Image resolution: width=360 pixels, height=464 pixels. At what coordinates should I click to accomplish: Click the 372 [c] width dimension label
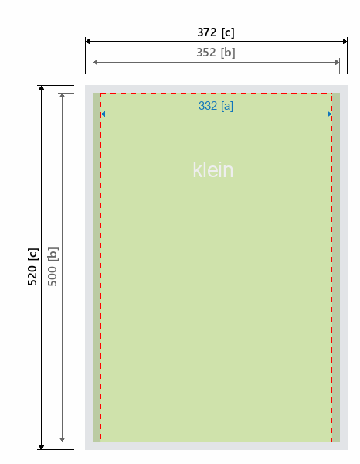(216, 32)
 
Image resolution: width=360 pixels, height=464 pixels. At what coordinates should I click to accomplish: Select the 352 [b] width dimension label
(216, 53)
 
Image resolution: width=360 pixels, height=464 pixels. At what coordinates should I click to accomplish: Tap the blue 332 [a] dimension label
(216, 106)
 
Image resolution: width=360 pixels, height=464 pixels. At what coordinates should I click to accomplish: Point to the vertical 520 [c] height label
(32, 267)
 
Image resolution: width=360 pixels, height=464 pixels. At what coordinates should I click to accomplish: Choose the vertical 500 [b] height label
(53, 267)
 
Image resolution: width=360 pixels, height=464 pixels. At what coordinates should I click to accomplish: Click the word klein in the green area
(213, 170)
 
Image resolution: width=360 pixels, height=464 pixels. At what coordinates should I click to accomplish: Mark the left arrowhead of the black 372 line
(87, 41)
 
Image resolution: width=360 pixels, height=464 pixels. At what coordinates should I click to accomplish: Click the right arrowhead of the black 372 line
(345, 41)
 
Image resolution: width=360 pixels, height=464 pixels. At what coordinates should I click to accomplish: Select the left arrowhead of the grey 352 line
(95, 62)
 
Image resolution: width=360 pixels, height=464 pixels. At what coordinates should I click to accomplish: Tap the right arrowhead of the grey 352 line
(338, 62)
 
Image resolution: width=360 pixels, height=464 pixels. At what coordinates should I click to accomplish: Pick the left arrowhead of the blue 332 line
(103, 114)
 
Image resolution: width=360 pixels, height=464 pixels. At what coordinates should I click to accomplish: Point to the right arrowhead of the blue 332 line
(330, 114)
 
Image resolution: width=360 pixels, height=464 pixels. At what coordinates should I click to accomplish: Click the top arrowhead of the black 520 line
(42, 87)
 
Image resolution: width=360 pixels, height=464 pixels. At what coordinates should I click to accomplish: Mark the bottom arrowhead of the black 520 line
(42, 447)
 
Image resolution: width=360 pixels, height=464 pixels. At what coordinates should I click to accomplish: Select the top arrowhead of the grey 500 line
(62, 95)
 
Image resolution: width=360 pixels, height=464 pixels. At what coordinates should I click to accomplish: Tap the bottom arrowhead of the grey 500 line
(62, 439)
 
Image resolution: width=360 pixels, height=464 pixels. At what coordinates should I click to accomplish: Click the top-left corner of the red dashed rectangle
(100, 94)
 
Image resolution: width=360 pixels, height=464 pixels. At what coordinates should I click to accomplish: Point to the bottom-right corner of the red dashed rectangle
(332, 442)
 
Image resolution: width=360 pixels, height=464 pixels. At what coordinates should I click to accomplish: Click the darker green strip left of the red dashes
(97, 268)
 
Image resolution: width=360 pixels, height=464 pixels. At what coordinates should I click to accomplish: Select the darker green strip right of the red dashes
(336, 268)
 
